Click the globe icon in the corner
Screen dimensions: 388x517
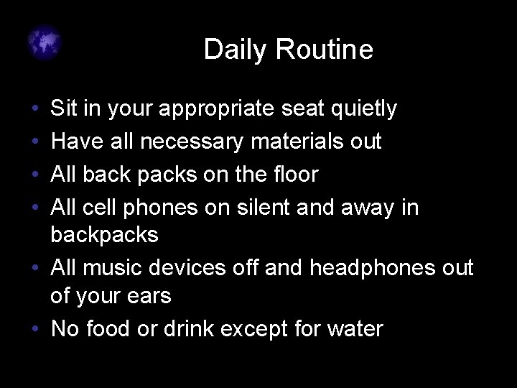point(45,44)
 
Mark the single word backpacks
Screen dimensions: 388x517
point(105,235)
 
